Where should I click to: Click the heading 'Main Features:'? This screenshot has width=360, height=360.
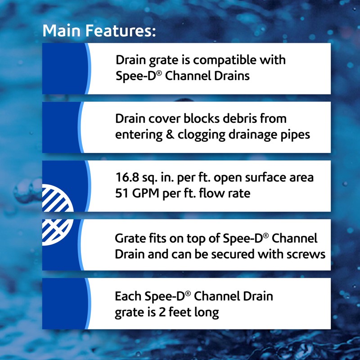click(x=99, y=31)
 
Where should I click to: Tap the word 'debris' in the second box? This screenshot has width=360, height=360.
click(x=238, y=119)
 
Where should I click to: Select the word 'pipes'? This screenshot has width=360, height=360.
click(x=294, y=134)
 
